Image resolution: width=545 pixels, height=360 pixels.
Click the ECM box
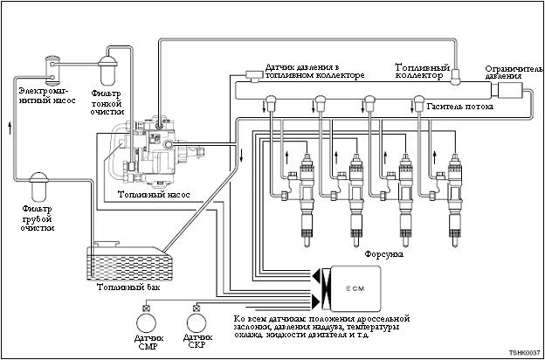355,288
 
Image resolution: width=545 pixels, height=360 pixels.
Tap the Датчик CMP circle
147,323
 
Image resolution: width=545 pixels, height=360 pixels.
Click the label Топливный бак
128,287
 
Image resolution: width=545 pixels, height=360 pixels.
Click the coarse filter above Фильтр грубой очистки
39,189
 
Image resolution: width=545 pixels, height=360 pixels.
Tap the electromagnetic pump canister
52,71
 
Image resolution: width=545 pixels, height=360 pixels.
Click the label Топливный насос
154,195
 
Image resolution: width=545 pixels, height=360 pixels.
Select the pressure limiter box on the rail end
509,91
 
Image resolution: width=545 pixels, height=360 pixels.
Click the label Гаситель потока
460,107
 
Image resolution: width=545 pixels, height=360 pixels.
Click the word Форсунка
384,254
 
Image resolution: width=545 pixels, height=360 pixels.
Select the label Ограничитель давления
514,72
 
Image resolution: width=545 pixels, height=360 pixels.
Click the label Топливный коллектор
423,71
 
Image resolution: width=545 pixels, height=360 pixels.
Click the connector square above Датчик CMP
147,308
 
